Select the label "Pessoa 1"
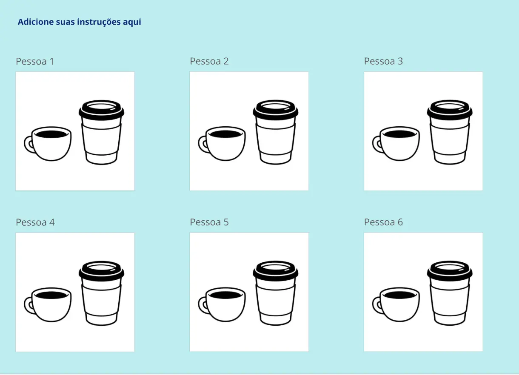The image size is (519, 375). (35, 61)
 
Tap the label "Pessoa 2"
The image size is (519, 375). (209, 61)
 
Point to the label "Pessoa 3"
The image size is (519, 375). (383, 61)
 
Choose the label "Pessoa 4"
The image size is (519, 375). (35, 222)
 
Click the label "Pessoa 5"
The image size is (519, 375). (209, 222)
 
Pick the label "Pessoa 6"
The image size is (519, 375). (383, 222)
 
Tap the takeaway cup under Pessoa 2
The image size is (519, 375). (276, 132)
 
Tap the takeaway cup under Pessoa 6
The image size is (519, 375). (450, 293)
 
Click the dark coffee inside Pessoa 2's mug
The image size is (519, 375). (225, 134)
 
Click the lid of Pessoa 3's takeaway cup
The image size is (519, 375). (450, 110)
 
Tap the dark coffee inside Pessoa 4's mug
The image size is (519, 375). (51, 295)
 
